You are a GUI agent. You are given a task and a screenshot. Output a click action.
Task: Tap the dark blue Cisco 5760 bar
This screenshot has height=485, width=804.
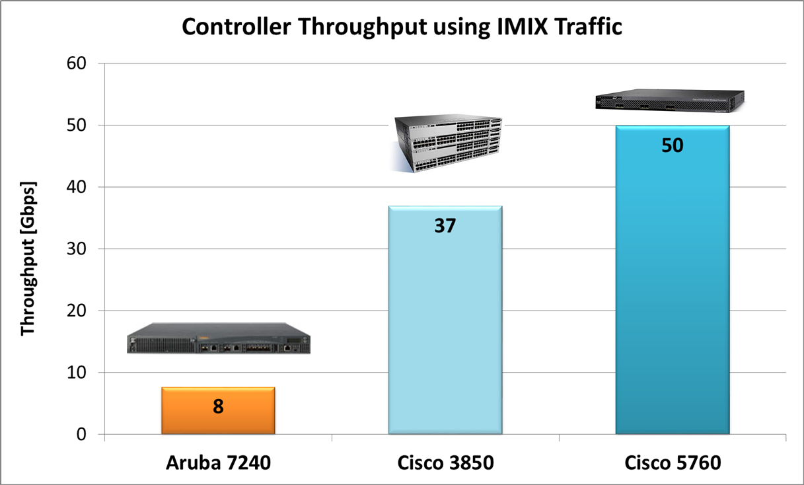pyautogui.click(x=672, y=291)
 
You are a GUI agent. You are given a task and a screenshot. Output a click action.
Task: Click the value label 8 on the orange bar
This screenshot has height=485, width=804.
pyautogui.click(x=218, y=406)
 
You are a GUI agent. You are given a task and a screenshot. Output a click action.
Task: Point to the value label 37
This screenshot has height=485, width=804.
pyautogui.click(x=445, y=226)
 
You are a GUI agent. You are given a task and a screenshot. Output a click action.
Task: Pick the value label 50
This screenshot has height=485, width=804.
pyautogui.click(x=672, y=145)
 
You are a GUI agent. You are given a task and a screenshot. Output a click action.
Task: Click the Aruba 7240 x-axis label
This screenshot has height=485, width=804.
pyautogui.click(x=218, y=463)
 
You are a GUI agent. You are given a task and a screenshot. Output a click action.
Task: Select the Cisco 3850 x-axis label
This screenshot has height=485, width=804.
pyautogui.click(x=445, y=463)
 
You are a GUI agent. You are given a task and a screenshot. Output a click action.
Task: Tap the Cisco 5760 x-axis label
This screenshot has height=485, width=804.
pyautogui.click(x=672, y=463)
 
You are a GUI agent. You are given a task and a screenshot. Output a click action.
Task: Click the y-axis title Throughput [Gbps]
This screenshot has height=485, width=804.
pyautogui.click(x=28, y=258)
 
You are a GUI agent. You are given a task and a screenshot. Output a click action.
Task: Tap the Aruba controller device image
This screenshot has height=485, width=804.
pyautogui.click(x=218, y=338)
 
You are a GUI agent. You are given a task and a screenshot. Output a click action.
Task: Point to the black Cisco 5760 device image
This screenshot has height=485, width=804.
pyautogui.click(x=669, y=99)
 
